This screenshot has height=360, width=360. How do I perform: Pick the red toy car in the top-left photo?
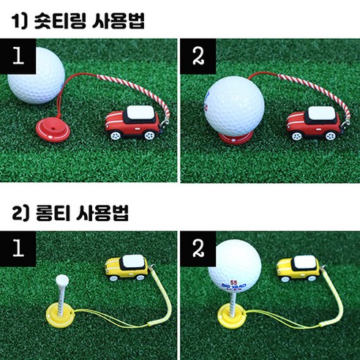point(133,125)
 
